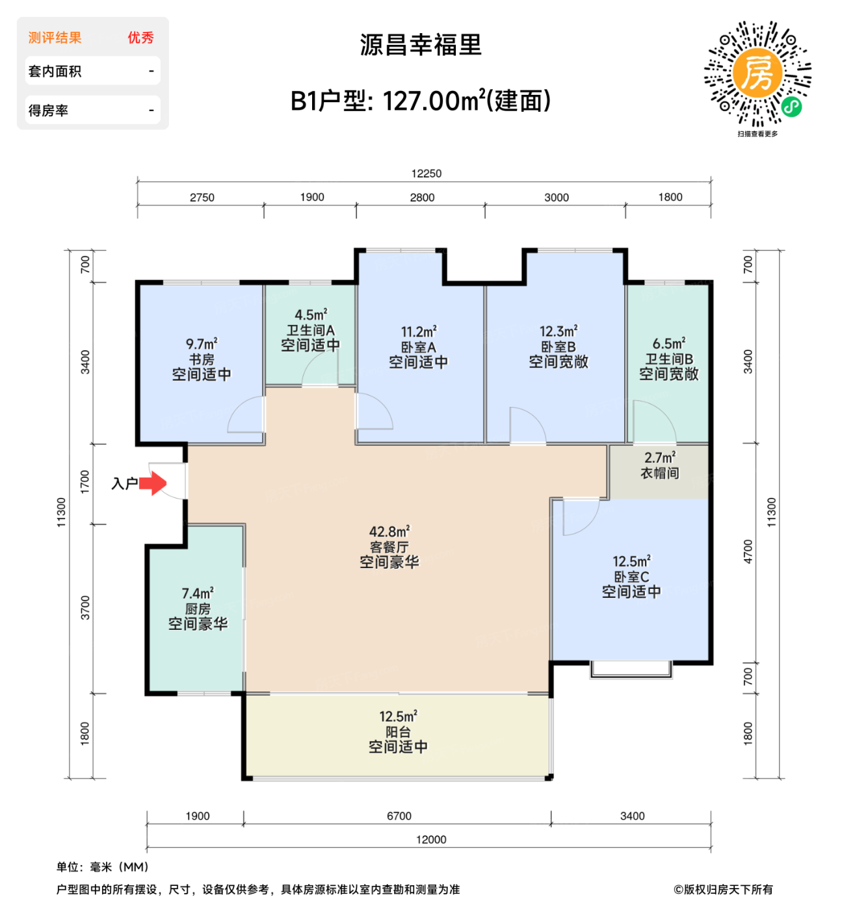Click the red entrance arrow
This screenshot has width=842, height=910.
(153, 484)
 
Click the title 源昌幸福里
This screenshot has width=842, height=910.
(421, 45)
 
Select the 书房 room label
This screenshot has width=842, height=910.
(202, 359)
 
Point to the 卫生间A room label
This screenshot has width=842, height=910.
(310, 330)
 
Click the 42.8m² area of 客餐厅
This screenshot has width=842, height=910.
(389, 532)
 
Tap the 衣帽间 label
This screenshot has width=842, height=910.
(659, 473)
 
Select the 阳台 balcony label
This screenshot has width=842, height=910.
(398, 732)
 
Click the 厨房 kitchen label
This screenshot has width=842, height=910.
(198, 609)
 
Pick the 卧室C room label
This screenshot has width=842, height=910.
(631, 577)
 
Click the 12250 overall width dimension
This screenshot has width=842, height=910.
(426, 174)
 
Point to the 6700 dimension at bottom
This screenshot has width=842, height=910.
(399, 816)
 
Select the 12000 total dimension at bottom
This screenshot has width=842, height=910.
(431, 839)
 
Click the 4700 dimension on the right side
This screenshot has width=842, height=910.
(748, 551)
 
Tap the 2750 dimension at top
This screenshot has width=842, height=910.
(202, 198)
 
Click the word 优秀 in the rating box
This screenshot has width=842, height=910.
(140, 38)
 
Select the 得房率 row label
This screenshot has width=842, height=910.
(48, 110)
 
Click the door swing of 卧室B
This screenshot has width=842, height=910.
(527, 426)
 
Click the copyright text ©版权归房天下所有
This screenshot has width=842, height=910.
(723, 889)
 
